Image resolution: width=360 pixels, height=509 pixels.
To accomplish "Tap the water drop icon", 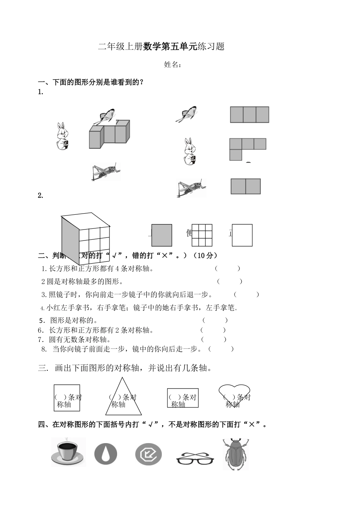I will coord(106,454).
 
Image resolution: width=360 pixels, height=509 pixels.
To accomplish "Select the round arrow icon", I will coord(148,454).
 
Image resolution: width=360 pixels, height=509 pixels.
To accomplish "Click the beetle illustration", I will coord(235,454).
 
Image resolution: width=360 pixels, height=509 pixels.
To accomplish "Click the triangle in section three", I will coord(122,398).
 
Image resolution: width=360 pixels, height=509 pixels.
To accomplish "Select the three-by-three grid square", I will coord(202,235).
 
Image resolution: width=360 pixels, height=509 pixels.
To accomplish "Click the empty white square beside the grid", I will coord(242,235).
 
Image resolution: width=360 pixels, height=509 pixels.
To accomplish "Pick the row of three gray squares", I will coord(249,115).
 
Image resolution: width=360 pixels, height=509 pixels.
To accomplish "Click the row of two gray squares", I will coord(246,186).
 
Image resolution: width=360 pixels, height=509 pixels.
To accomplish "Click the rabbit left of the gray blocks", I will coord(62,136).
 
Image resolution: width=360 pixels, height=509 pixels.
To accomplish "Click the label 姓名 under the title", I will coord(172,65).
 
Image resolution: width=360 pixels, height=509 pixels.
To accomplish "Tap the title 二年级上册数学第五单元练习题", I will coord(161,47).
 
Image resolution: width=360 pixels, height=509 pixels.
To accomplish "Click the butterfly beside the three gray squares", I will coord(186,114).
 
